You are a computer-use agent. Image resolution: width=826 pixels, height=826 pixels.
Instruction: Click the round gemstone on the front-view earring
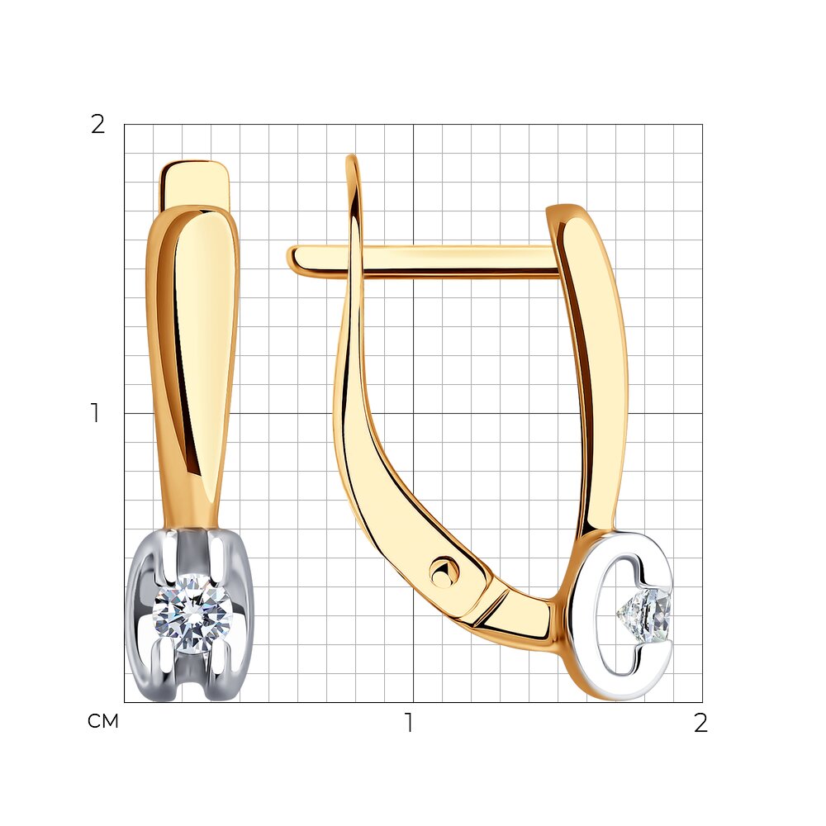point(192,614)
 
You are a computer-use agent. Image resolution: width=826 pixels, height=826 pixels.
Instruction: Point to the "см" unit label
point(102,720)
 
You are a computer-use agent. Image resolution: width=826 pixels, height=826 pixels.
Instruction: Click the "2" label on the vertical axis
point(98,125)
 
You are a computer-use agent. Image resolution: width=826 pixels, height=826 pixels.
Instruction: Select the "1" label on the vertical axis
point(95,413)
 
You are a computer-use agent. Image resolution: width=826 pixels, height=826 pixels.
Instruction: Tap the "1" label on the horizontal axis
point(408,722)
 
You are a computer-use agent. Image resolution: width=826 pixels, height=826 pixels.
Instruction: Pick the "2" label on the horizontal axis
point(700,723)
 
